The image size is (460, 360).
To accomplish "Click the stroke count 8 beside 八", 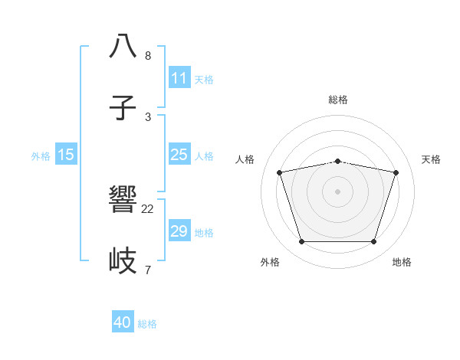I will pyautogui.click(x=148, y=56).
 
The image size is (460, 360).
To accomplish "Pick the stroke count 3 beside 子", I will pyautogui.click(x=148, y=116).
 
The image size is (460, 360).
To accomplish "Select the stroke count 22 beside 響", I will pyautogui.click(x=148, y=208).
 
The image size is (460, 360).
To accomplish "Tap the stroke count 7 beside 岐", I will pyautogui.click(x=148, y=270).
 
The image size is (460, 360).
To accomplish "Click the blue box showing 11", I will pyautogui.click(x=179, y=78).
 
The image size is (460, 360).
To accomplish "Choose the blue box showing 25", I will pyautogui.click(x=179, y=155).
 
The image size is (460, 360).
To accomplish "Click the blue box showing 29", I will pyautogui.click(x=179, y=231).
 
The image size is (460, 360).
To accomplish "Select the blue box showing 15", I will pyautogui.click(x=66, y=155).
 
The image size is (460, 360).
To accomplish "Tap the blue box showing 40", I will pyautogui.click(x=123, y=322).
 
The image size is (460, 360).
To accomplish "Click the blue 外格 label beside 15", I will pyautogui.click(x=41, y=156).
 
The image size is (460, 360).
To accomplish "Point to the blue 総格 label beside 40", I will pyautogui.click(x=147, y=324).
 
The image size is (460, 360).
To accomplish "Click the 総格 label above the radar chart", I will pyautogui.click(x=338, y=100).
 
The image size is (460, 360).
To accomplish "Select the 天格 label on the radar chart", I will pyautogui.click(x=431, y=159).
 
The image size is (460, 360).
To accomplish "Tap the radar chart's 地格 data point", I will pyautogui.click(x=373, y=242).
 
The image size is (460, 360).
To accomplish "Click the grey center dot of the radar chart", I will pyautogui.click(x=338, y=191).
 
